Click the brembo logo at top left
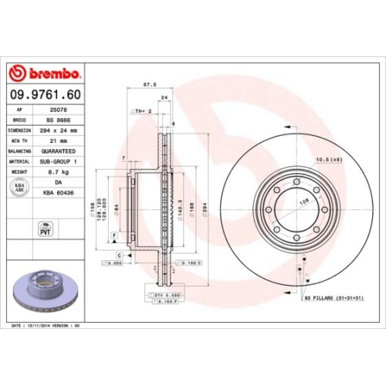pos(44,73)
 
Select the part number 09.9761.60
pos(44,94)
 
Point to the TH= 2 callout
pos(141,111)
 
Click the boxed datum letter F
pos(114,234)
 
